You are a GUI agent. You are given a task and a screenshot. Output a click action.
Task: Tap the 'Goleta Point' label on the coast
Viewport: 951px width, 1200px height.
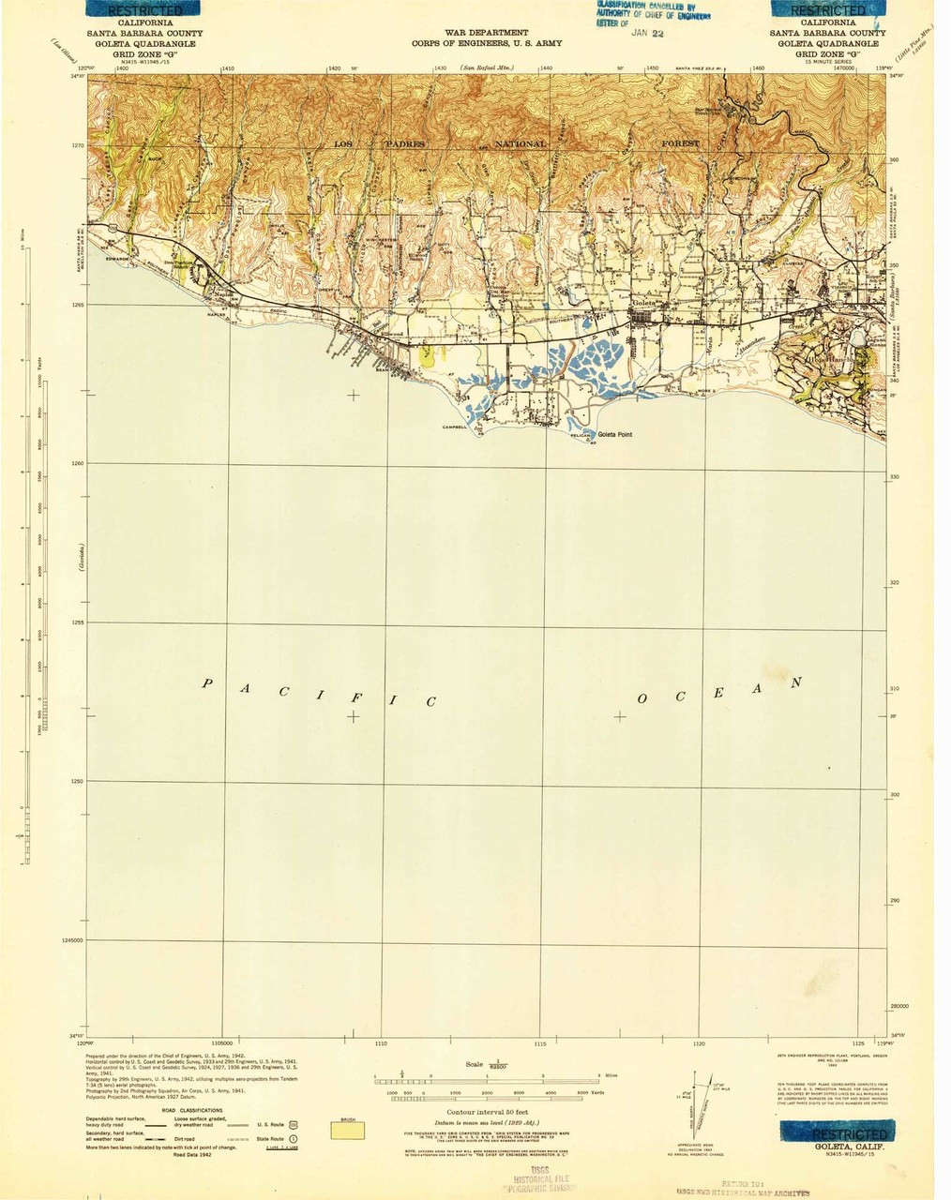coord(615,434)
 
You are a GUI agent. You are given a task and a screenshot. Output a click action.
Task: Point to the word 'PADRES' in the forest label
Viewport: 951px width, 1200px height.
coord(403,143)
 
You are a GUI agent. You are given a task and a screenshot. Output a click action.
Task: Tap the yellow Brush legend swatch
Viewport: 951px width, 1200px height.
coord(348,1132)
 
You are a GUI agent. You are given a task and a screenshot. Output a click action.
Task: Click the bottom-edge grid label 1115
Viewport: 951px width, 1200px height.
coord(539,1042)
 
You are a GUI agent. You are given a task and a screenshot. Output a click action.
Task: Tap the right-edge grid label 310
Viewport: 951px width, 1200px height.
coord(895,689)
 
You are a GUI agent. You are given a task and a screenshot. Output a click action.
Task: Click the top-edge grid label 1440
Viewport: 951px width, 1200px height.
coord(547,68)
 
